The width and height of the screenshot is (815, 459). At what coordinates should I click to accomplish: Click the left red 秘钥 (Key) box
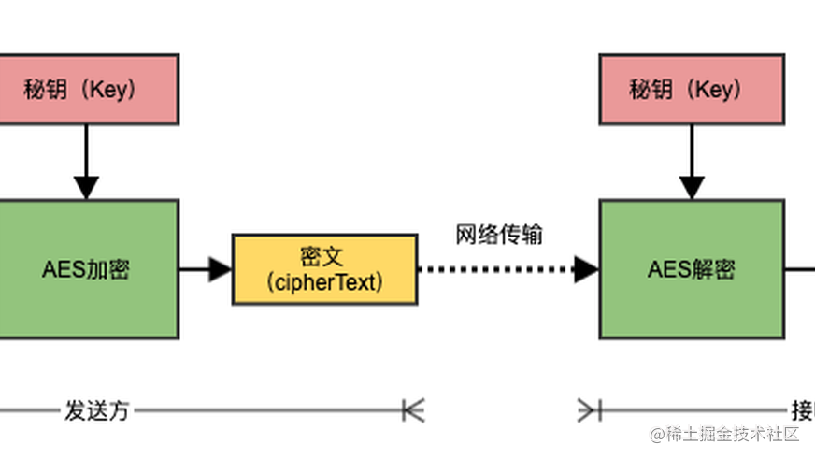(x=87, y=90)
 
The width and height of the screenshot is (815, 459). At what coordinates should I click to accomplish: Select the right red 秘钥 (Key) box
(x=692, y=90)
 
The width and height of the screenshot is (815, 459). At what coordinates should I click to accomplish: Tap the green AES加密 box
(x=87, y=269)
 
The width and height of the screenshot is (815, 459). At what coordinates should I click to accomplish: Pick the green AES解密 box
(x=692, y=269)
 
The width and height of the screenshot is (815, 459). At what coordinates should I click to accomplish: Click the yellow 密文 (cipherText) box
(x=324, y=269)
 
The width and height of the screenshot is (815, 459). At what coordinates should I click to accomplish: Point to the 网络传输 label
(x=499, y=234)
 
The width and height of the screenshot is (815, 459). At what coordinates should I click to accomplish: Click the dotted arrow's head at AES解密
(x=586, y=269)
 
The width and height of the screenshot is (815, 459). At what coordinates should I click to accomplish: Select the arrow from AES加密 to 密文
(x=205, y=269)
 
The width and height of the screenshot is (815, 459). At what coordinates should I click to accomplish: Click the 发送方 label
(x=96, y=410)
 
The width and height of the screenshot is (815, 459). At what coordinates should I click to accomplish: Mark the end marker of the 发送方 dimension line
(x=412, y=409)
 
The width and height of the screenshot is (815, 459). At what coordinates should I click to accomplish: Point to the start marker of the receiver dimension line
(x=588, y=409)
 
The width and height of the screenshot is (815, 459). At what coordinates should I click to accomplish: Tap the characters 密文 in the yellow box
(x=324, y=256)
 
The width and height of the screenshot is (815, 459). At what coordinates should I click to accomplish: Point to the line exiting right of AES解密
(x=799, y=269)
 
